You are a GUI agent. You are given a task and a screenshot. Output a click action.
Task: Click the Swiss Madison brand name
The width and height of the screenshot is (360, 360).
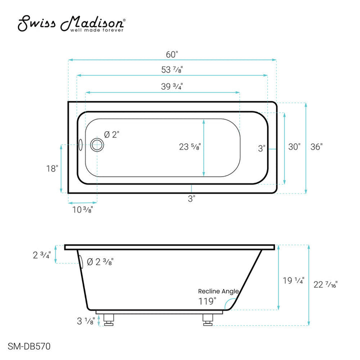72,23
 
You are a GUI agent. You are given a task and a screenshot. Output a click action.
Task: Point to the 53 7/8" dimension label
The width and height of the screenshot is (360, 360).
172,69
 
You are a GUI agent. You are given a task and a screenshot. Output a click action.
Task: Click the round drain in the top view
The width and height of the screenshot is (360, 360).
97,145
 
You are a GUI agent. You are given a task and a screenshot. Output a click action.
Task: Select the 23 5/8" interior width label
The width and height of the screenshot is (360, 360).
190,147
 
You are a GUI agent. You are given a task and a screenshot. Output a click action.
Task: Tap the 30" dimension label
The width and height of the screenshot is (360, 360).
294,147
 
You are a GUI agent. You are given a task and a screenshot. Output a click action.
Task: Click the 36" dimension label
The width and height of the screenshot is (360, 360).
316,147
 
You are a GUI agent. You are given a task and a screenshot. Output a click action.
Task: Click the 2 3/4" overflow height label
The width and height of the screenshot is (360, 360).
42,255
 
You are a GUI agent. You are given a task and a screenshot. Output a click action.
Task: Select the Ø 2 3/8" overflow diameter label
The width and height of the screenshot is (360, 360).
100,261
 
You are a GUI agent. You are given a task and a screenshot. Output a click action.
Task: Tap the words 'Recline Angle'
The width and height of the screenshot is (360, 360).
218,291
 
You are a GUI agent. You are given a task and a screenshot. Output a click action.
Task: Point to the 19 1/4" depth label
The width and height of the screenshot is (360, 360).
293,280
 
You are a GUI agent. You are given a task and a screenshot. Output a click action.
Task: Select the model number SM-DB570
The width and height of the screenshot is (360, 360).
28,345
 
